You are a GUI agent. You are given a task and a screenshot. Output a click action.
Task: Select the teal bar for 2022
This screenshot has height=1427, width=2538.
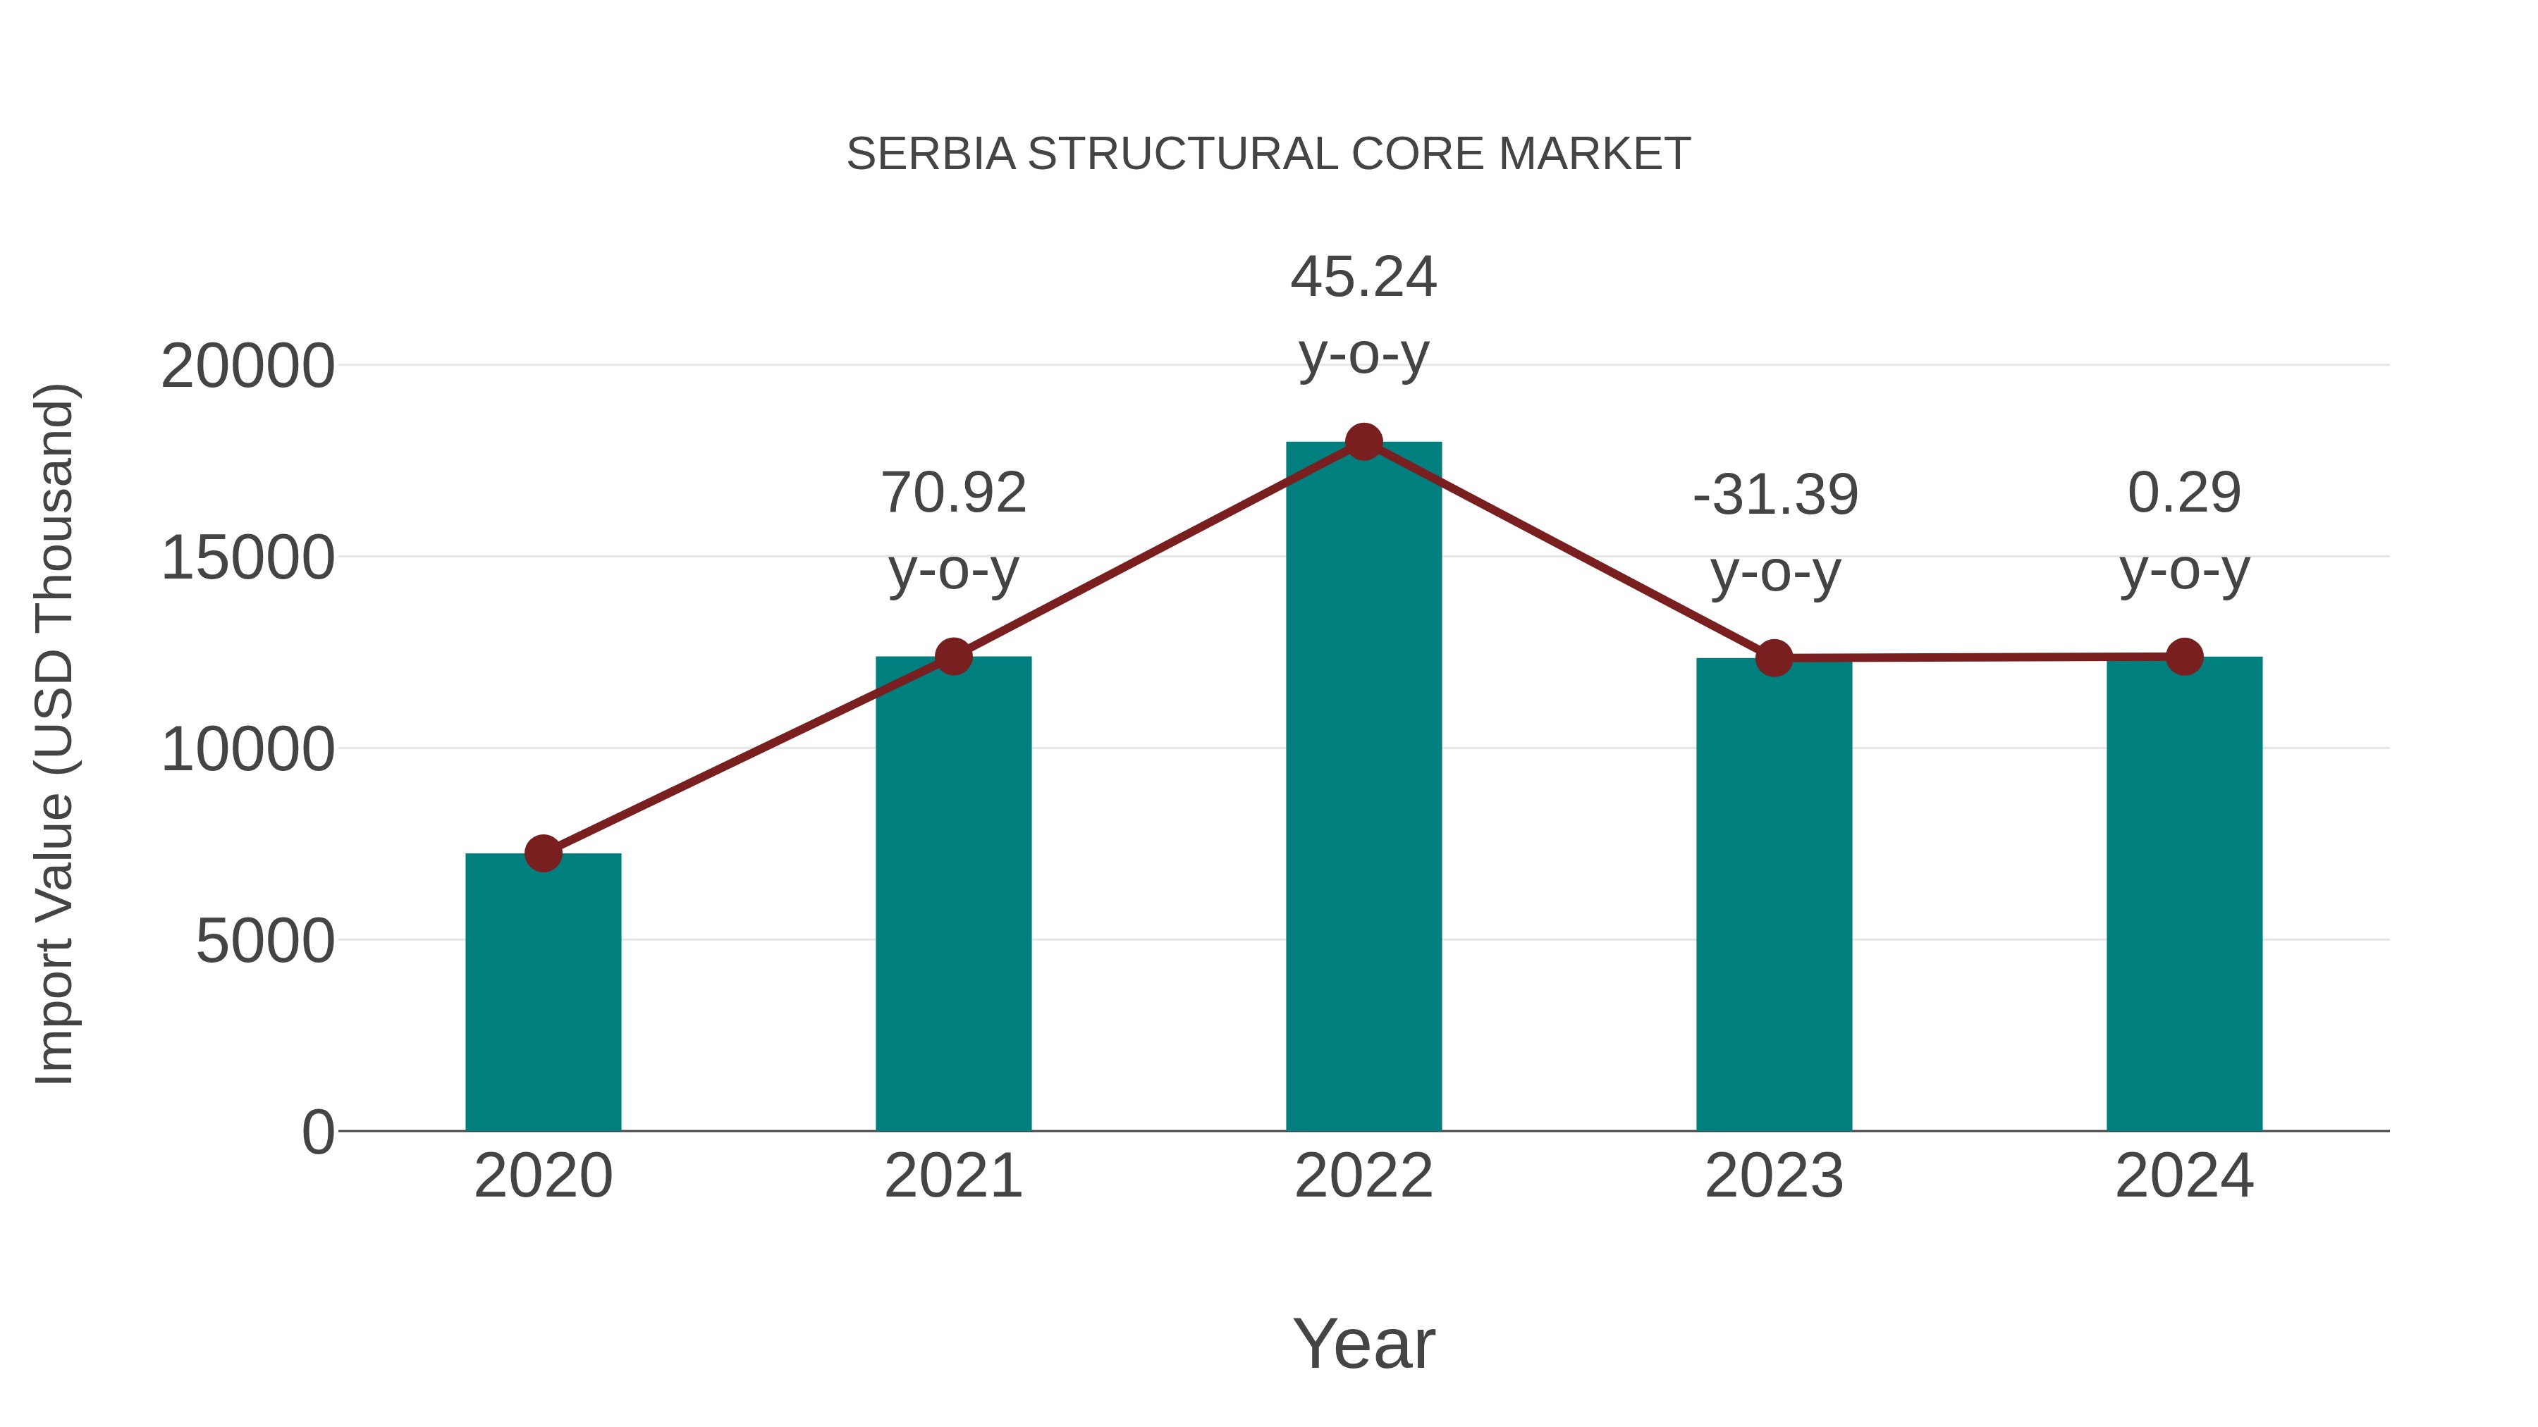click(x=1363, y=788)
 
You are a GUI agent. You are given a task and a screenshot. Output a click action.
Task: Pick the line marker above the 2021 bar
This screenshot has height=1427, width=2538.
click(x=952, y=656)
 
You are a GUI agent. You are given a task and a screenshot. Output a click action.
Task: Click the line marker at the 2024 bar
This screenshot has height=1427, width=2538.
click(x=2184, y=657)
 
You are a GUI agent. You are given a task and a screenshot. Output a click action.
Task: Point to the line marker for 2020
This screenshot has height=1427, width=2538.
click(x=543, y=854)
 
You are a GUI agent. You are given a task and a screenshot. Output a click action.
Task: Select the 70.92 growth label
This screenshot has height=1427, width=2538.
click(x=952, y=493)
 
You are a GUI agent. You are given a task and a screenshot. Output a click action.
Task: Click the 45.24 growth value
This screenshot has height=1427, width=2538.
click(x=1363, y=277)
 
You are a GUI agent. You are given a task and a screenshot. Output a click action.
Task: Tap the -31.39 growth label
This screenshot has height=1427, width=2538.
click(x=1774, y=495)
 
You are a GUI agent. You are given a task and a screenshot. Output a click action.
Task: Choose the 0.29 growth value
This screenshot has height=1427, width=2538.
click(x=2184, y=493)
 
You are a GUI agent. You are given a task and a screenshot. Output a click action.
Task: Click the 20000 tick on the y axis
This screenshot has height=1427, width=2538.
click(x=247, y=366)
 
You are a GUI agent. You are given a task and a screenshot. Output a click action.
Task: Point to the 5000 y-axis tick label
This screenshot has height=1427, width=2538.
click(x=265, y=941)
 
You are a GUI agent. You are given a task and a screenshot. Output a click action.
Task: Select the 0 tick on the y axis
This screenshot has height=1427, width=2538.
click(x=317, y=1132)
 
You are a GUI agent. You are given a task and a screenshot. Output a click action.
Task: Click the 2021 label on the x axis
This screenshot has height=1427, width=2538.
click(x=952, y=1176)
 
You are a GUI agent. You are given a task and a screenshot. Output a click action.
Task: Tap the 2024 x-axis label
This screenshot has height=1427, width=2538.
click(x=2184, y=1176)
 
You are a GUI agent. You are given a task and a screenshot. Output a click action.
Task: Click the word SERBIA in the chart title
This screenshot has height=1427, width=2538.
click(x=930, y=154)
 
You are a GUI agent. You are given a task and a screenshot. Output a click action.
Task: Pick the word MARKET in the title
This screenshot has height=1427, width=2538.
click(x=1594, y=154)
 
